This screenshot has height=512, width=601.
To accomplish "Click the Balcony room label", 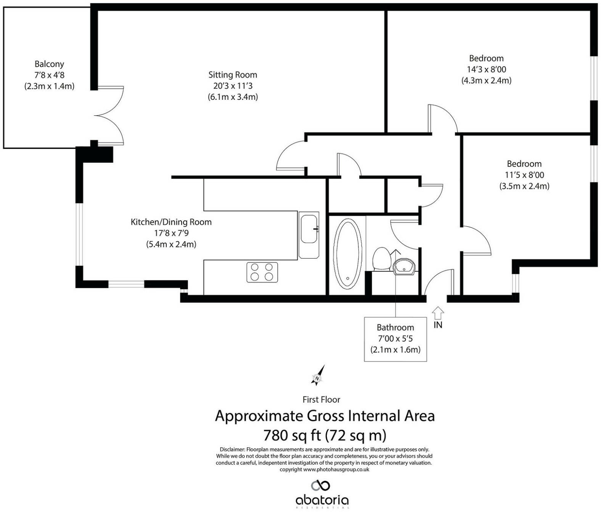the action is pos(49,64).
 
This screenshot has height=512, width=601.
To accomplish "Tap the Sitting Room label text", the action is pos(233,75).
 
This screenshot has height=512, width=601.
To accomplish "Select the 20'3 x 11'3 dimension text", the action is pos(233,86).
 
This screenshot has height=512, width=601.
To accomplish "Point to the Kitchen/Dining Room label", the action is pos(171,222).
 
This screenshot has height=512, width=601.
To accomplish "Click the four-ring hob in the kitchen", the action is pos(262,272).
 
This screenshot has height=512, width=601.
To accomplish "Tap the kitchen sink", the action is pos(309,235).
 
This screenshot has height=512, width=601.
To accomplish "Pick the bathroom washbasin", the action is pos(404,267).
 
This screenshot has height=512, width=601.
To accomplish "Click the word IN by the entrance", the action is pos(438,325).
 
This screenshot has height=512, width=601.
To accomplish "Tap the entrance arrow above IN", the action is pos(438,313).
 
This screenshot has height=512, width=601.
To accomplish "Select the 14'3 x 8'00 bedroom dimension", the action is pos(487,69).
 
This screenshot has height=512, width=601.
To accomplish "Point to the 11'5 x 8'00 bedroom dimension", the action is pos(524,175).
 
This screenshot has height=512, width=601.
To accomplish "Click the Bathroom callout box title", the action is pos(395,328).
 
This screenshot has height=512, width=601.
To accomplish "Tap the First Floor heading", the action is pos(321,400).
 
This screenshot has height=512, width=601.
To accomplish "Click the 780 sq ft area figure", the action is pos(292,435).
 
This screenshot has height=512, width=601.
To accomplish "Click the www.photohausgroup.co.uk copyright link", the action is pos(336,469).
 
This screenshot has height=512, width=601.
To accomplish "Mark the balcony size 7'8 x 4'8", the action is pos(49,75).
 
